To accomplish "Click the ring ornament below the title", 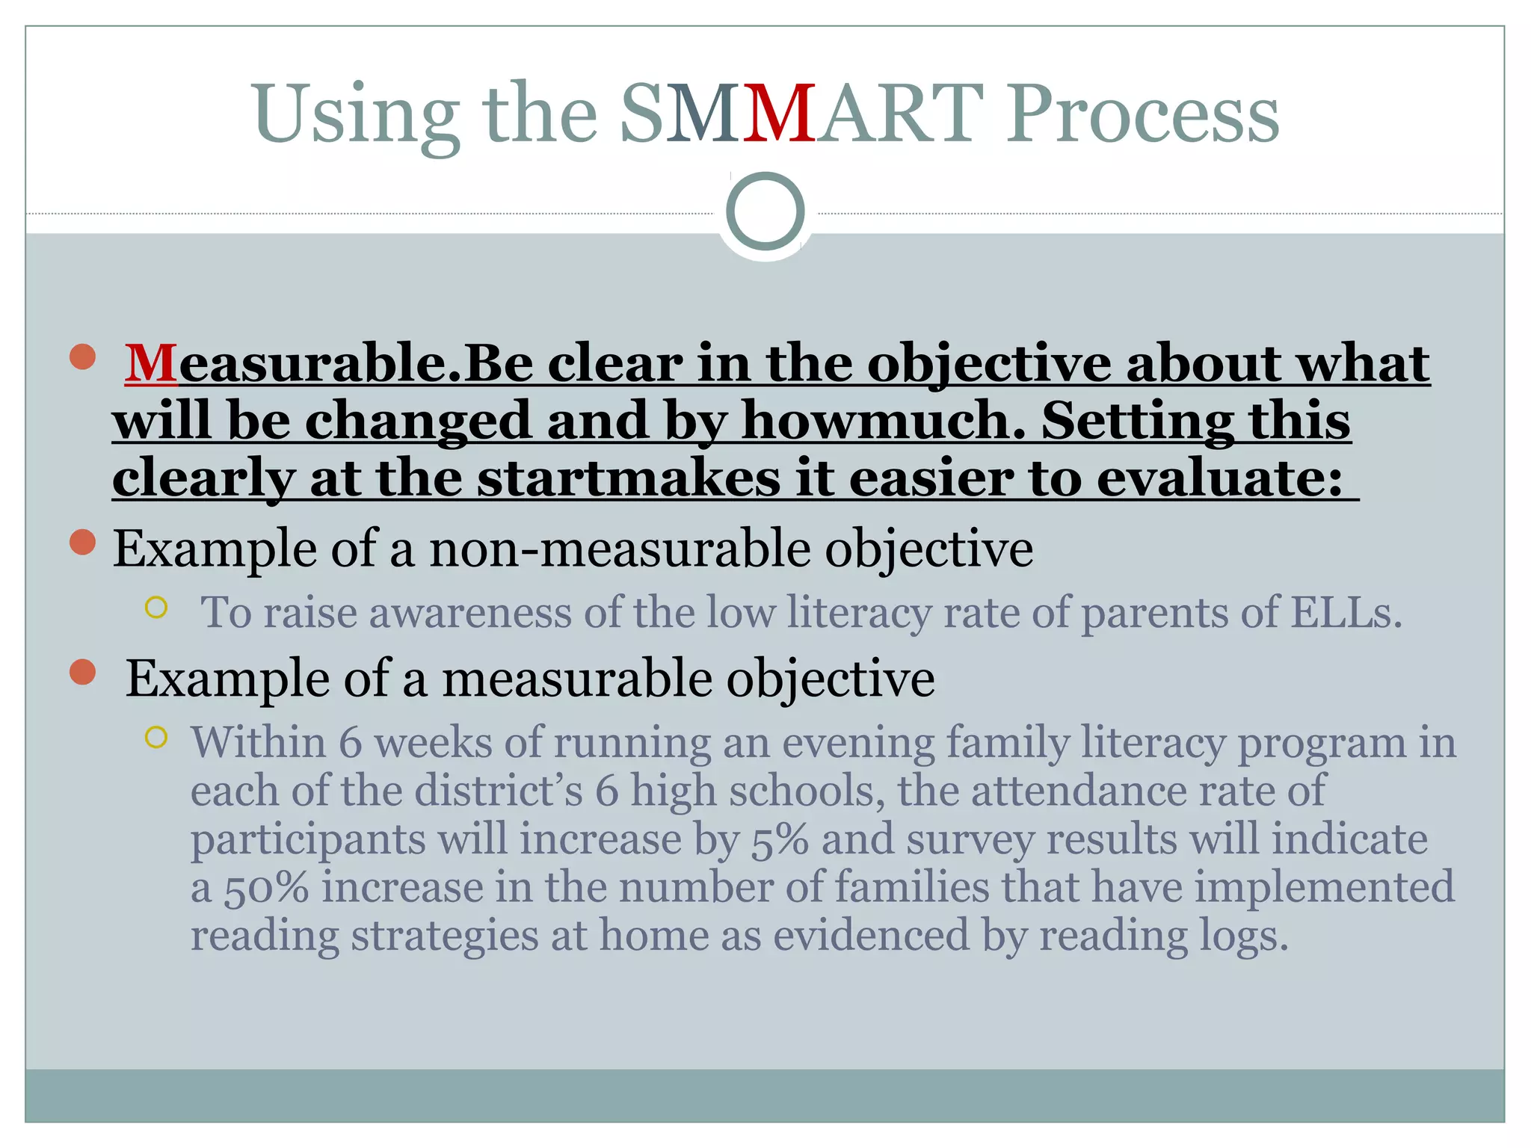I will point(765,212).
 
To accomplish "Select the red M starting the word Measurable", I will point(151,364).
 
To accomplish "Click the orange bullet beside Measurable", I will point(82,357).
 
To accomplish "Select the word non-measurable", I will point(620,549).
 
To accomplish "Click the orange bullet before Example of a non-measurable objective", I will point(82,542).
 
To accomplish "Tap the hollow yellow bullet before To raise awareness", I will point(155,607).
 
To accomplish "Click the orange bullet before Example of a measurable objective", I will point(82,672).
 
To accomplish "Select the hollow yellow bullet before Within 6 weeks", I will point(155,738).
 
